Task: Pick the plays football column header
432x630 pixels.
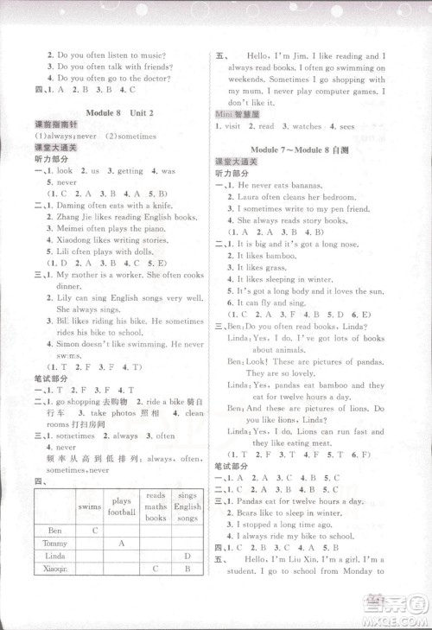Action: tap(123, 506)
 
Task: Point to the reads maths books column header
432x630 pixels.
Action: tap(156, 506)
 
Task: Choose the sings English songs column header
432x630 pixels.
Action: tap(187, 506)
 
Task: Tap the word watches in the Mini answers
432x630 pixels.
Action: tap(313, 126)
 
